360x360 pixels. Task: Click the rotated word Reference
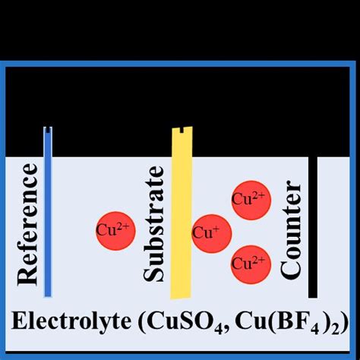(27, 226)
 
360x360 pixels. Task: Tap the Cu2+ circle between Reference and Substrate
(116, 229)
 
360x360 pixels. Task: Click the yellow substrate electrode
(182, 220)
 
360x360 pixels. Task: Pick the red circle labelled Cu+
(210, 234)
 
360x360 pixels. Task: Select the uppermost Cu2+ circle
(249, 201)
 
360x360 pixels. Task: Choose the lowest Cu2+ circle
(249, 264)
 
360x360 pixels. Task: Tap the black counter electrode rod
(312, 228)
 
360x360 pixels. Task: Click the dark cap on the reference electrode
(47, 130)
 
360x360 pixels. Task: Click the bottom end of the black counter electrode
(312, 295)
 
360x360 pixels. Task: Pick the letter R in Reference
(27, 276)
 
